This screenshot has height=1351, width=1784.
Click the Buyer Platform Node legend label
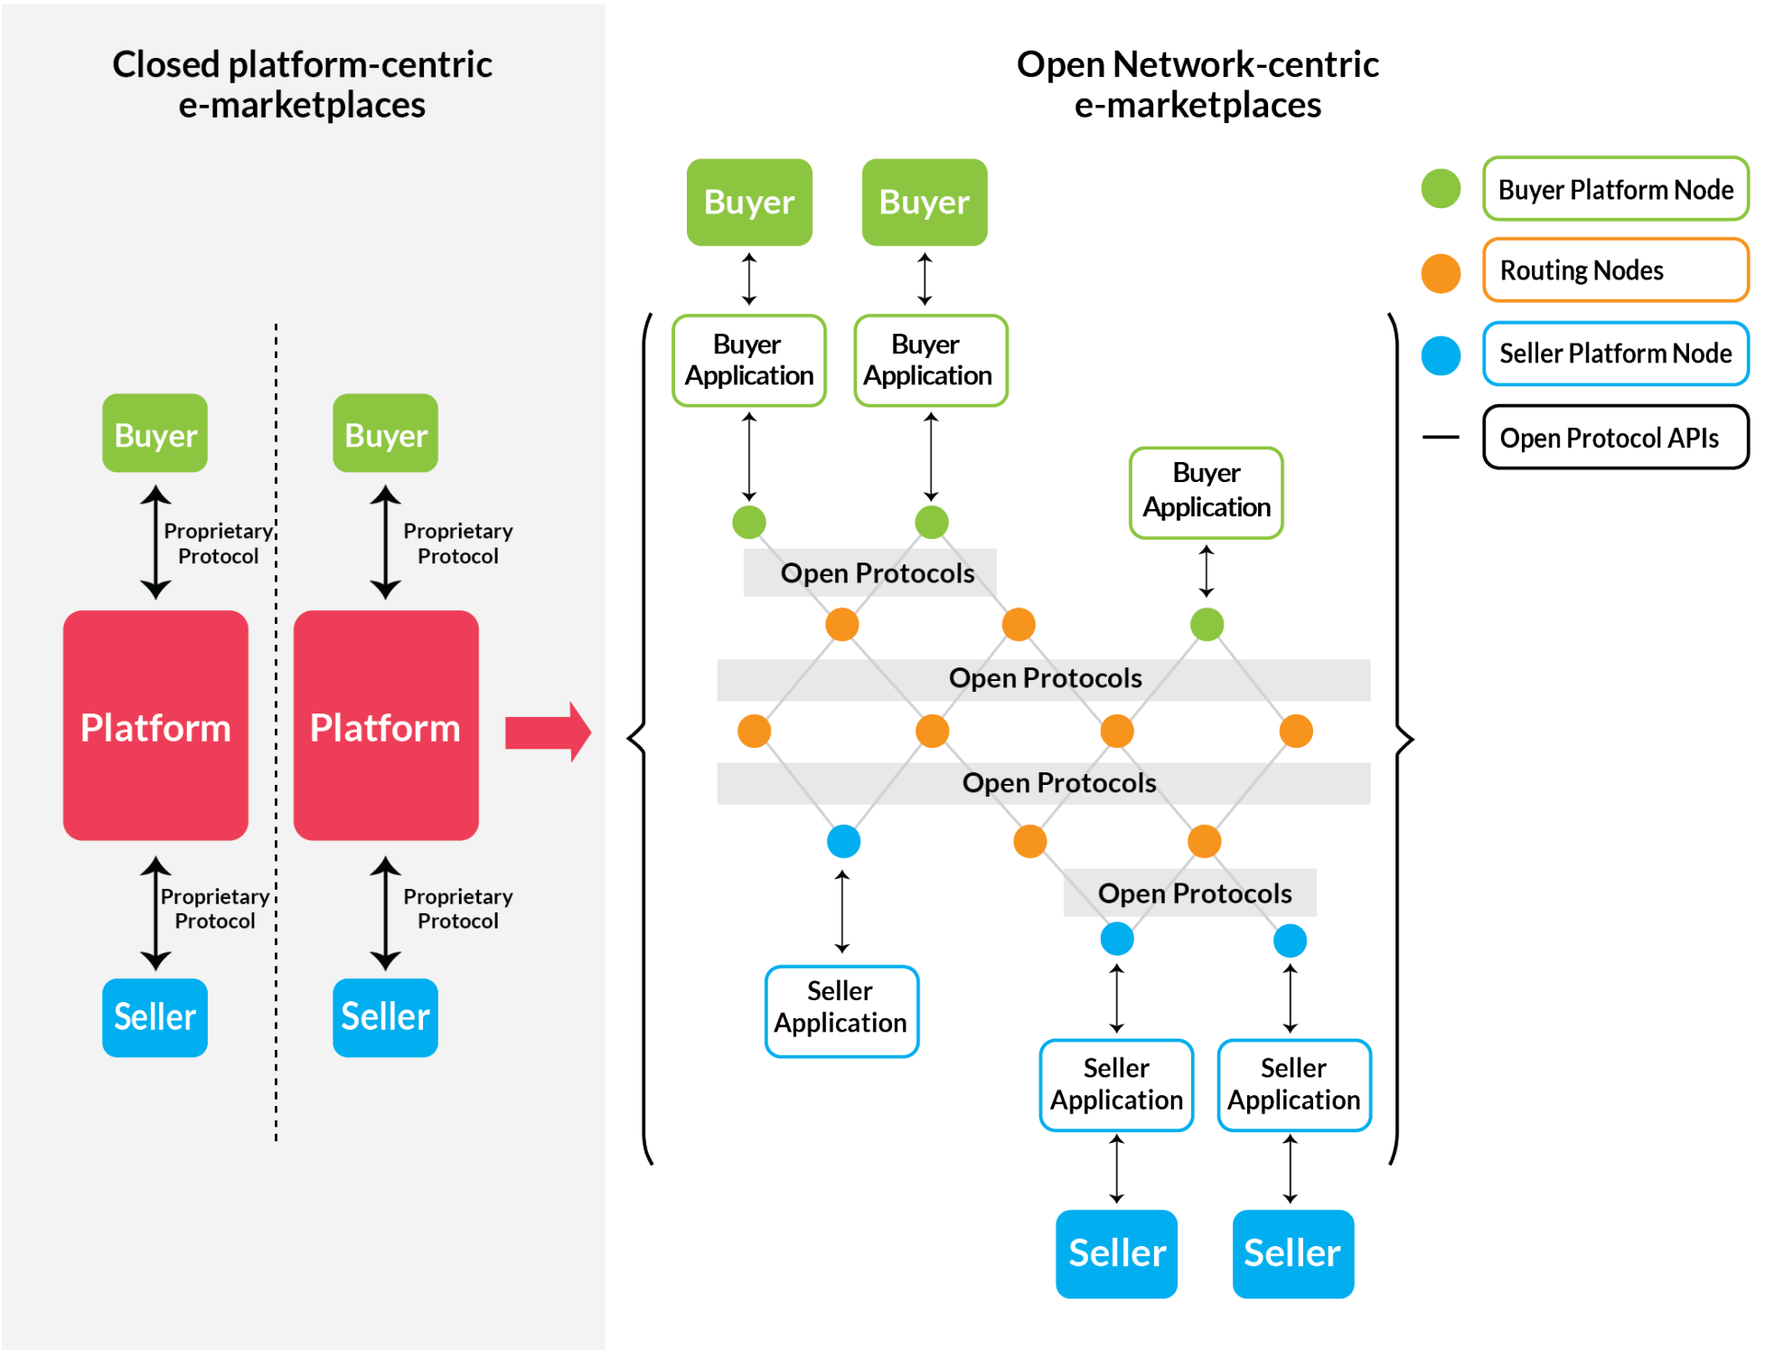tap(1615, 189)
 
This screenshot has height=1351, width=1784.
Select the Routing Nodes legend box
tap(1615, 269)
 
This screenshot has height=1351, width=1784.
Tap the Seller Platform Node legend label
tap(1615, 353)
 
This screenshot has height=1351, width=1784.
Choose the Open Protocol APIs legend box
tap(1615, 437)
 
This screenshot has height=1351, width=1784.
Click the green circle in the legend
tap(1441, 188)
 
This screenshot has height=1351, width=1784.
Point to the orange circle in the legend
tap(1441, 273)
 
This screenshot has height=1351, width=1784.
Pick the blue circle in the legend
tap(1441, 355)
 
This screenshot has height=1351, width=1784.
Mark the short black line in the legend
tap(1441, 438)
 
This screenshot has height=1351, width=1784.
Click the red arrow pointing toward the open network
tap(548, 732)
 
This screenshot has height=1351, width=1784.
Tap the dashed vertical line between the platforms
tap(277, 732)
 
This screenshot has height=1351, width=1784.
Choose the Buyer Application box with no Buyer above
tap(1207, 493)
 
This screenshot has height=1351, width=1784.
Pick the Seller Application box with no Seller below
tap(841, 1011)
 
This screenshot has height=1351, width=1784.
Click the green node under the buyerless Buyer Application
tap(1207, 624)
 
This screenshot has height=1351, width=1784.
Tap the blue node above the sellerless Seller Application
tap(843, 841)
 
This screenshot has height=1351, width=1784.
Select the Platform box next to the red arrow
tap(386, 725)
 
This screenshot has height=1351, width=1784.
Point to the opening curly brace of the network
tap(637, 738)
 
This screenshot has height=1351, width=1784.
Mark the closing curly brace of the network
tap(1402, 738)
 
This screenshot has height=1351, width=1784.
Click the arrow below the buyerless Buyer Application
tap(1207, 572)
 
